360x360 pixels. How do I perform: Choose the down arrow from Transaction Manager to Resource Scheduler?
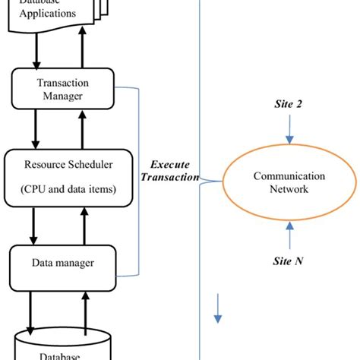tap(35, 131)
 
